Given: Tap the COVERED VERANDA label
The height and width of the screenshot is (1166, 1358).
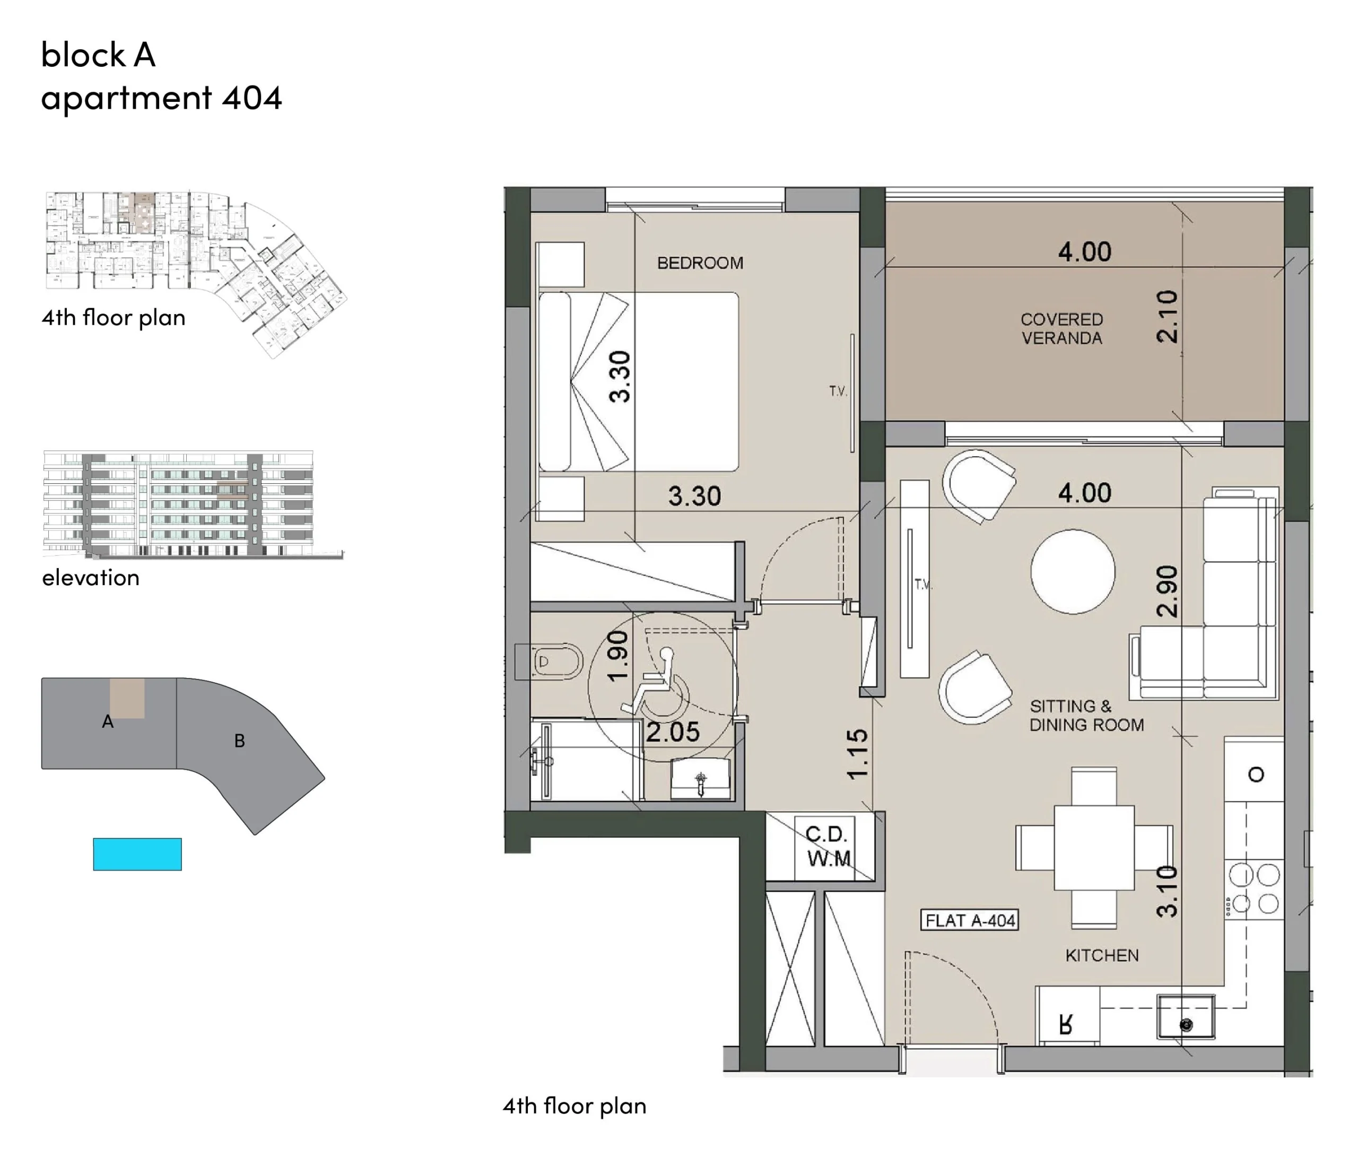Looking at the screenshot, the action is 1062,328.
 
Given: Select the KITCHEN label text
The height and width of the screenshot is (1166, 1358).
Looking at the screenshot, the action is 1102,955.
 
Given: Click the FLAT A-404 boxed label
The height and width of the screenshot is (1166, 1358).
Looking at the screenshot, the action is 970,920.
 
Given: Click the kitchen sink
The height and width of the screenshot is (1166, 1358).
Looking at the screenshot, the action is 1186,1016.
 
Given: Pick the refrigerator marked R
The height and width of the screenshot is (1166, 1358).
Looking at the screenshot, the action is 1067,1015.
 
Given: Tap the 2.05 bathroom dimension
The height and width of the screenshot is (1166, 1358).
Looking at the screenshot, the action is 673,732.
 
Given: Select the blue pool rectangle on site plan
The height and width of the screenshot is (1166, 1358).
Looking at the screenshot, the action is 137,854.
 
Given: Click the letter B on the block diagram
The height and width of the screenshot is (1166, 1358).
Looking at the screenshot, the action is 239,741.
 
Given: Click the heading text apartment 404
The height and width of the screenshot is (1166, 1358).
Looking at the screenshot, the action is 161,98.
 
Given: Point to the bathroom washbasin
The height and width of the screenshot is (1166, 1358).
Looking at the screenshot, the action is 701,779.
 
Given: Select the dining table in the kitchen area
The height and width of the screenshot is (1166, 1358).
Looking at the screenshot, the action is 1094,848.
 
